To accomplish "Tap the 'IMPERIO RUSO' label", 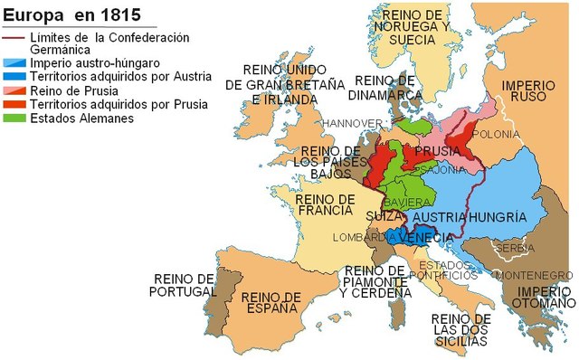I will (x=522, y=91).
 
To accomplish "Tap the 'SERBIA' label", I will (x=513, y=248).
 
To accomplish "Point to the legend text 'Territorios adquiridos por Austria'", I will (x=120, y=77).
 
